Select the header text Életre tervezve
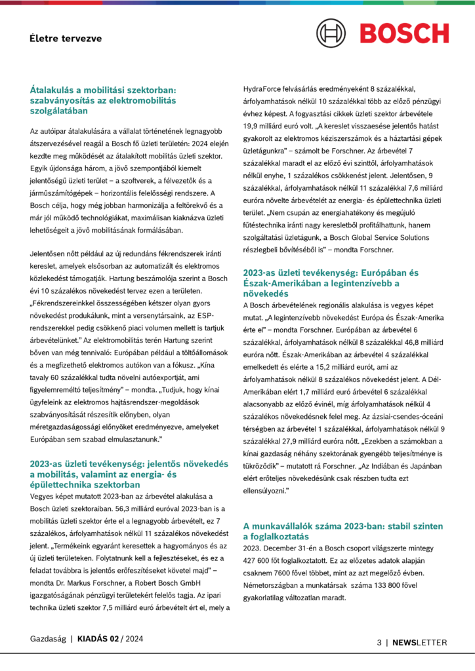coord(65,38)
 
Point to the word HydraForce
coord(262,88)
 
